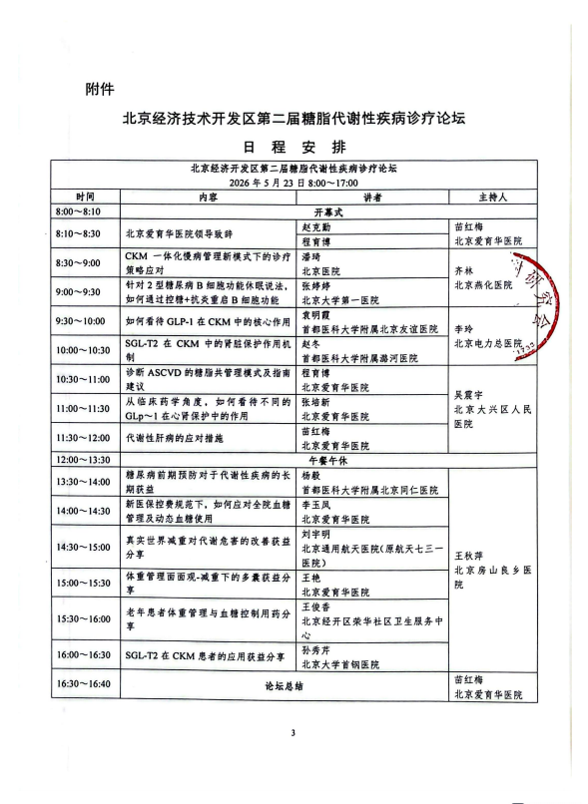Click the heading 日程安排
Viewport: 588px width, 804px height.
pyautogui.click(x=294, y=146)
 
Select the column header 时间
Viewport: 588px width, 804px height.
pyautogui.click(x=85, y=198)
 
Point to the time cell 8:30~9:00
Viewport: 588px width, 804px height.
pyautogui.click(x=86, y=262)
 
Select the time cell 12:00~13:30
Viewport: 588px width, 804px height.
pyautogui.click(x=86, y=460)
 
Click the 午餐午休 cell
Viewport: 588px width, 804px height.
pyautogui.click(x=328, y=460)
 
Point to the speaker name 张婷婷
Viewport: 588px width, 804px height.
pyautogui.click(x=317, y=285)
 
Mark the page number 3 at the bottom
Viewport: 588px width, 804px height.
pyautogui.click(x=294, y=761)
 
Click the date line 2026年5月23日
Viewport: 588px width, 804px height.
pyautogui.click(x=294, y=184)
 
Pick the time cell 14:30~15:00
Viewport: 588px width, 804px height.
pyautogui.click(x=86, y=548)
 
